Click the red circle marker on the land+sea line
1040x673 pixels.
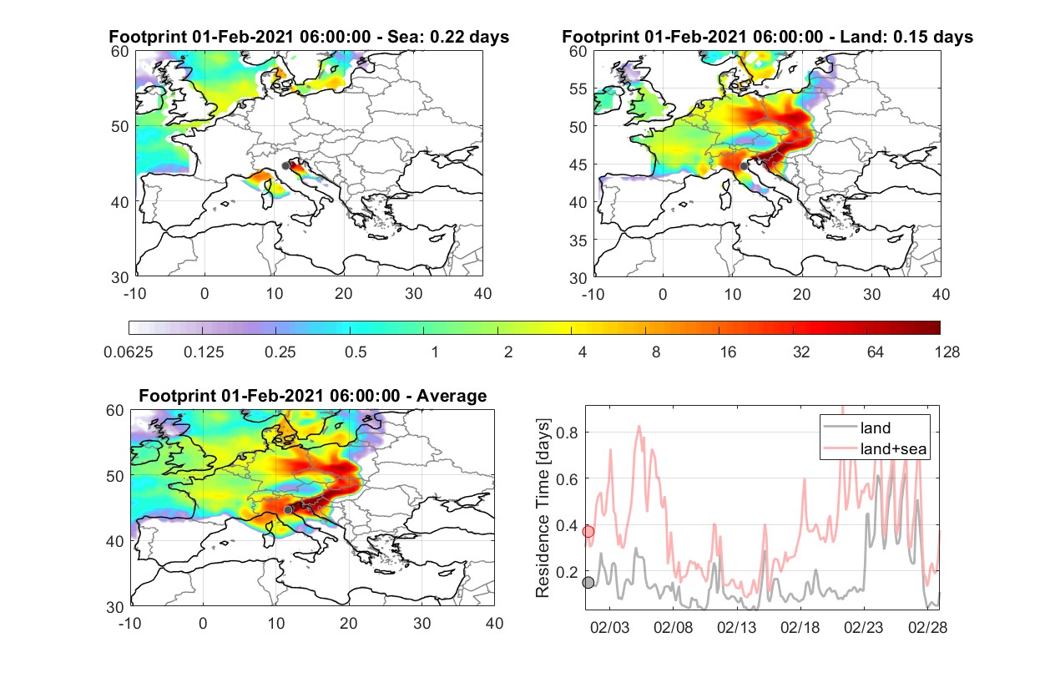pyautogui.click(x=588, y=531)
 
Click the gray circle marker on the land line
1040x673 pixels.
pyautogui.click(x=588, y=583)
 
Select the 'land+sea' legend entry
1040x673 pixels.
pyautogui.click(x=875, y=448)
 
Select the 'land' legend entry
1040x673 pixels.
pyautogui.click(x=857, y=428)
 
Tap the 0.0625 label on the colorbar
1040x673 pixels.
pyautogui.click(x=129, y=352)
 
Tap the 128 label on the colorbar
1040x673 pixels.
pyautogui.click(x=947, y=352)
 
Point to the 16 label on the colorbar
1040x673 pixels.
pyautogui.click(x=728, y=352)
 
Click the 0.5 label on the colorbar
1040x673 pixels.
pyautogui.click(x=356, y=352)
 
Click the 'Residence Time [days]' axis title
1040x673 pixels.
pyautogui.click(x=543, y=509)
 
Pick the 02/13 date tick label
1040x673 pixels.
pyautogui.click(x=736, y=627)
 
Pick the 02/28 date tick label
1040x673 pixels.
pyautogui.click(x=927, y=627)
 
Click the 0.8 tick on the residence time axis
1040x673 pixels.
pyautogui.click(x=567, y=433)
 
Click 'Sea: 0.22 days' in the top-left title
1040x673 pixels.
pyautogui.click(x=448, y=37)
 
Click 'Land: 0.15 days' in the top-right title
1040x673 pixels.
pyautogui.click(x=906, y=37)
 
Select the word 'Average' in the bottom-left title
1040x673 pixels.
pyautogui.click(x=452, y=396)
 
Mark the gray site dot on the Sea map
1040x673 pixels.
pyautogui.click(x=285, y=166)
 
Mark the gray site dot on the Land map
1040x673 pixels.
pyautogui.click(x=744, y=166)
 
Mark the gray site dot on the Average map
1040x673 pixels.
pyautogui.click(x=288, y=510)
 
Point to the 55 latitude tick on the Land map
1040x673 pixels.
pyautogui.click(x=578, y=89)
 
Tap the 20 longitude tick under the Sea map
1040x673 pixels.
pyautogui.click(x=344, y=294)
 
